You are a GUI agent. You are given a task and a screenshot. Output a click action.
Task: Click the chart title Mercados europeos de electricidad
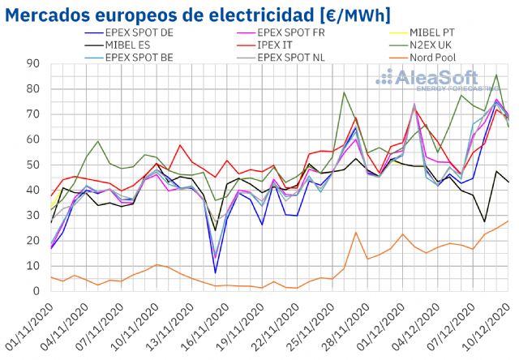198,14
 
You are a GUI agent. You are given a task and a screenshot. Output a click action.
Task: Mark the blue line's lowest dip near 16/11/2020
215,272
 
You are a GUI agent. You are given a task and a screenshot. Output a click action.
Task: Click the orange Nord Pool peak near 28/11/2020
356,233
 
